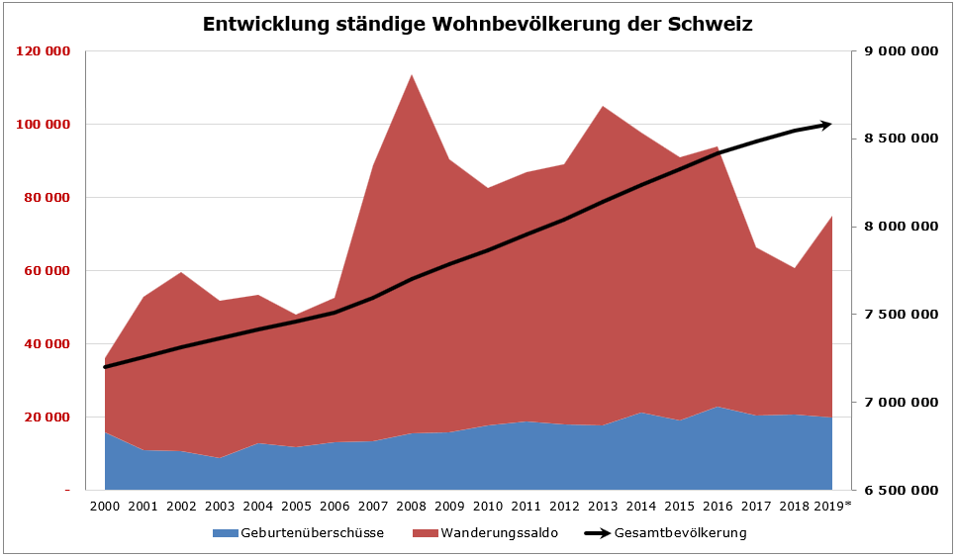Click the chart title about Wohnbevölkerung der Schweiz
tap(477, 25)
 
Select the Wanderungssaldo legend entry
tap(499, 533)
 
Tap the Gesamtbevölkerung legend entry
tap(679, 533)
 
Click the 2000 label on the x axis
tap(105, 507)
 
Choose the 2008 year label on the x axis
tap(411, 507)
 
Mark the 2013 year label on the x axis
tap(603, 507)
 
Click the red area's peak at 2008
tap(411, 74)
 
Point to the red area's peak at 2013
tap(603, 106)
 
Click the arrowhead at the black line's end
tap(827, 125)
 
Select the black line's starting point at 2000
tap(105, 367)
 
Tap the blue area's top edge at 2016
tap(718, 407)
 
